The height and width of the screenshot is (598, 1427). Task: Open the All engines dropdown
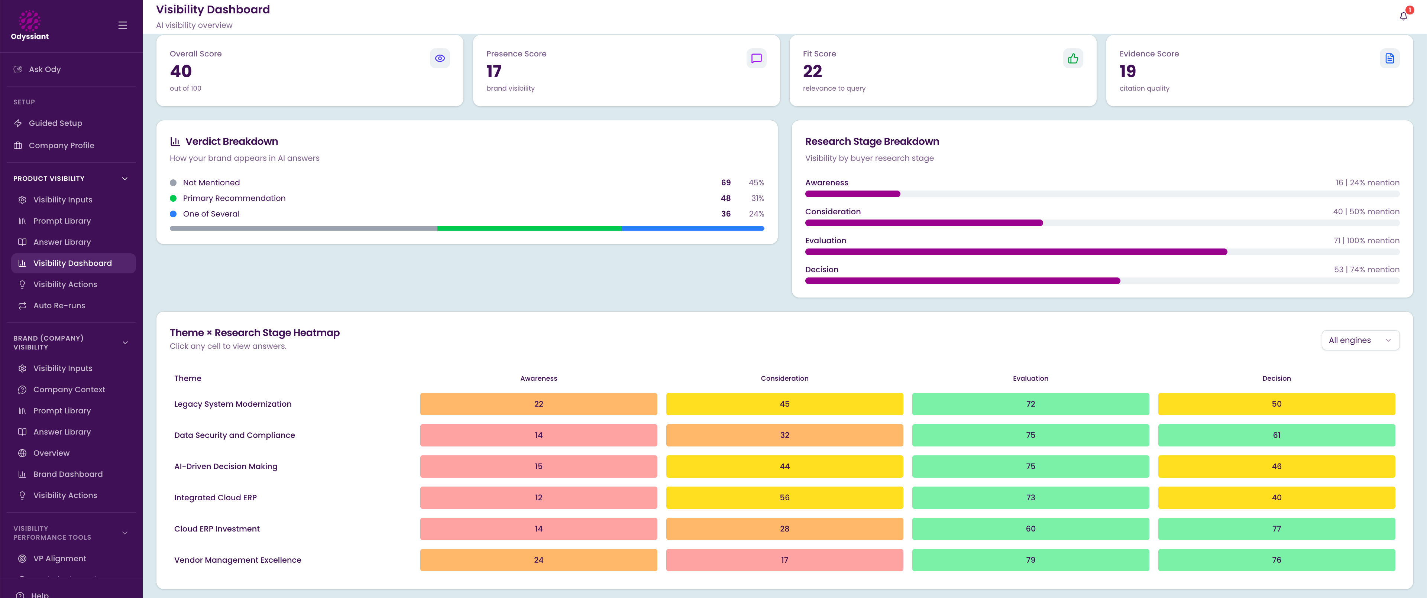[x=1360, y=340]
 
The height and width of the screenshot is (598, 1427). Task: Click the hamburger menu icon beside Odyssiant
[x=122, y=26]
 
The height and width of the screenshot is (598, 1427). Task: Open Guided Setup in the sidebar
[x=55, y=123]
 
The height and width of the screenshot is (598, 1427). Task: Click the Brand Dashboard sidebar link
[x=68, y=474]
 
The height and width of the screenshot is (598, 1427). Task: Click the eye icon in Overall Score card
[x=440, y=58]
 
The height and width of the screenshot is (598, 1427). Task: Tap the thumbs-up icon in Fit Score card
[x=1073, y=58]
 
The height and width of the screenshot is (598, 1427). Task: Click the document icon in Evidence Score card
[x=1389, y=58]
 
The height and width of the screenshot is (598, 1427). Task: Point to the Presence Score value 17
[x=494, y=71]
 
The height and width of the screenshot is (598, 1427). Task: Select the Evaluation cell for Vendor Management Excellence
[x=1030, y=560]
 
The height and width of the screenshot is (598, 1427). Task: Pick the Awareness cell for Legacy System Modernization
[x=538, y=404]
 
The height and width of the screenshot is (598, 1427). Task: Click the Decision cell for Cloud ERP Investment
[x=1276, y=529]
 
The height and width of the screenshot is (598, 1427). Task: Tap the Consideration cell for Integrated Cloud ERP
[x=784, y=498]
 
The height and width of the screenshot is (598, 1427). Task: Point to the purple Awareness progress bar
[x=852, y=194]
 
